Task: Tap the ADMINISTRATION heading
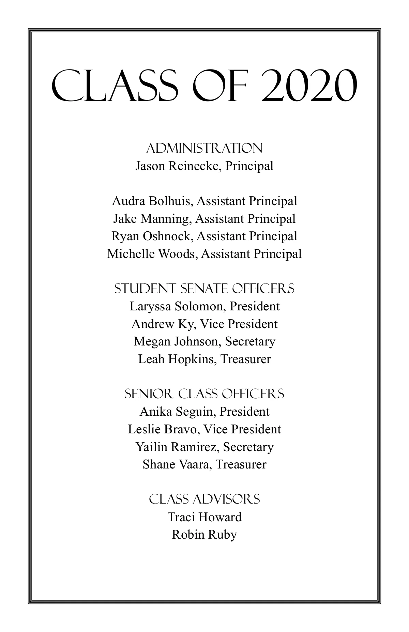(x=204, y=148)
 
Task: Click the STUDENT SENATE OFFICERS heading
(x=204, y=289)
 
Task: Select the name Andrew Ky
(x=163, y=324)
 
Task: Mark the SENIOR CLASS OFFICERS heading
(x=204, y=394)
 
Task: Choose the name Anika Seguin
(x=176, y=412)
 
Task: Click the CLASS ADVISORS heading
(x=204, y=499)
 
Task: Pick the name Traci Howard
(x=204, y=517)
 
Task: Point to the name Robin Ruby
(x=204, y=535)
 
